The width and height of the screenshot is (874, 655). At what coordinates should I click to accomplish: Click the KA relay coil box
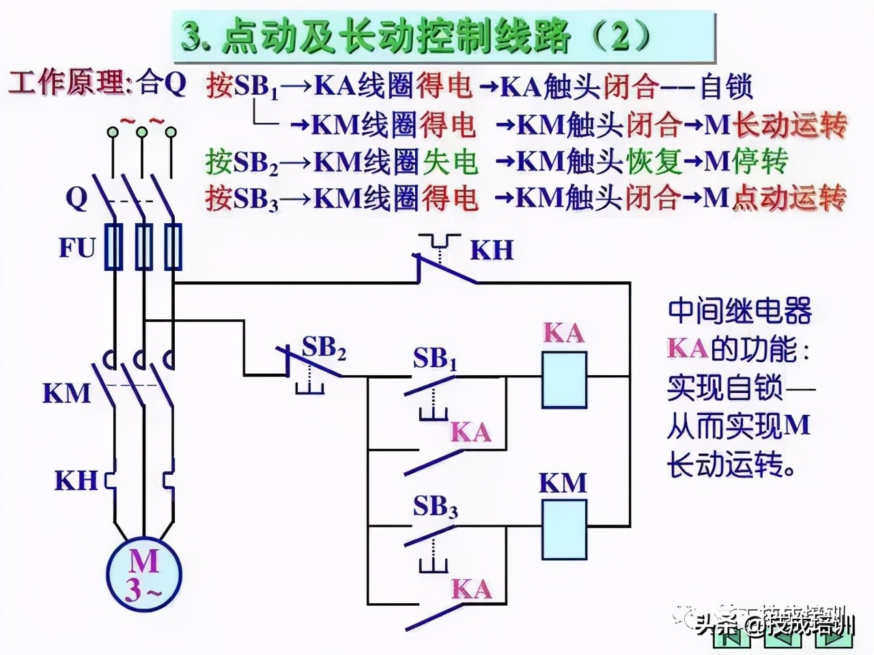[x=564, y=380]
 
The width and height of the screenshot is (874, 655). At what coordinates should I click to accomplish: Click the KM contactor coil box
[x=564, y=529]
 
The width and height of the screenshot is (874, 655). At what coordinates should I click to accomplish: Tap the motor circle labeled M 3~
[x=143, y=574]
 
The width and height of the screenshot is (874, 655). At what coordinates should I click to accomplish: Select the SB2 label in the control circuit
[x=324, y=348]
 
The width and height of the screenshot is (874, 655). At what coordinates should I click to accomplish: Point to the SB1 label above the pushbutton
[x=434, y=360]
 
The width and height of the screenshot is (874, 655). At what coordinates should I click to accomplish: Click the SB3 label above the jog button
[x=435, y=507]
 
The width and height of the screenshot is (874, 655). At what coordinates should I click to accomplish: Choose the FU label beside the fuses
[x=76, y=248]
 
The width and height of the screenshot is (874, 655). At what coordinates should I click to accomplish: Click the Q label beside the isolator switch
[x=76, y=198]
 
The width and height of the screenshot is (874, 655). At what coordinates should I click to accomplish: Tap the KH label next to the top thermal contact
[x=491, y=250]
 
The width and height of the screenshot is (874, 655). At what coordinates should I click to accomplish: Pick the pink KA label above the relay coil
[x=564, y=333]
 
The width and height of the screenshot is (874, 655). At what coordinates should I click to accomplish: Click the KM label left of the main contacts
[x=66, y=394]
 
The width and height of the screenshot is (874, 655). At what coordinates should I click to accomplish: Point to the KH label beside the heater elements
[x=76, y=480]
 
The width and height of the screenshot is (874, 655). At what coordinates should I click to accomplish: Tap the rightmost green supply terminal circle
[x=171, y=132]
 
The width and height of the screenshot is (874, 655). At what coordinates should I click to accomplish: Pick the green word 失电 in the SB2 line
[x=450, y=162]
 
